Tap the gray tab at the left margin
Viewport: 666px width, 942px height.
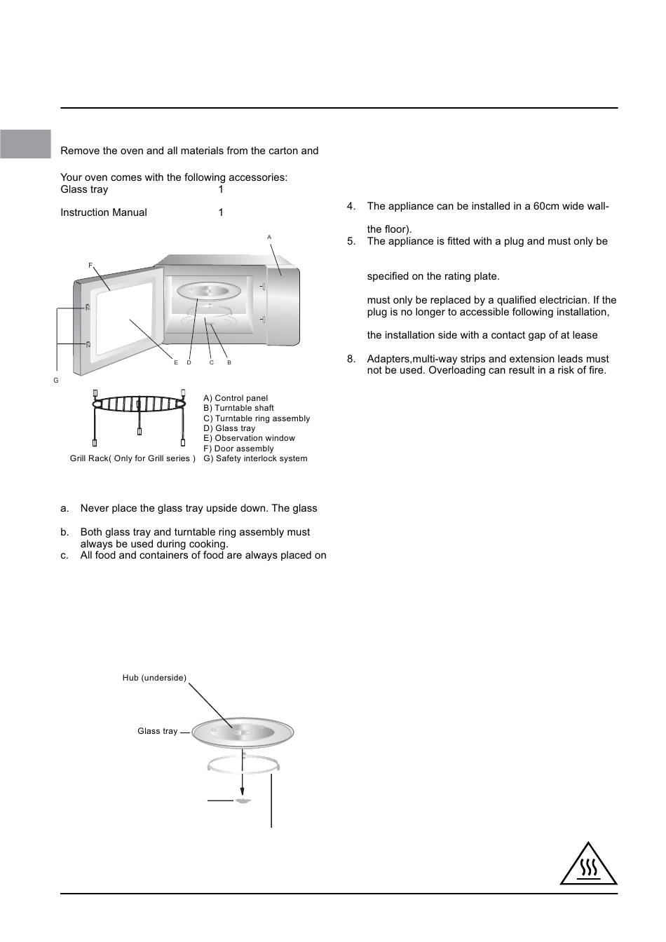(x=25, y=144)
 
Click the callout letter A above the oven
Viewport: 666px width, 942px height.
(x=269, y=238)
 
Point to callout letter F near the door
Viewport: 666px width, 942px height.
(x=90, y=265)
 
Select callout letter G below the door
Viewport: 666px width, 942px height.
(x=56, y=380)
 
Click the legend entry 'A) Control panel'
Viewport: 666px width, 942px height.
(x=236, y=398)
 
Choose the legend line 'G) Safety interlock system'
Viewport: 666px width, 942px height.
(x=255, y=458)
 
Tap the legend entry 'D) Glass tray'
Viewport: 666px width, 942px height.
(x=229, y=428)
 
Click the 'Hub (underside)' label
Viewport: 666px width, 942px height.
(x=154, y=678)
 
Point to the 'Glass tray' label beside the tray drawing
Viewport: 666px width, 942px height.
(x=158, y=731)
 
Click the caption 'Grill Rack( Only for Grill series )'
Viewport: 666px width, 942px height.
(x=132, y=458)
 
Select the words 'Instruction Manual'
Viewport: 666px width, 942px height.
(x=104, y=212)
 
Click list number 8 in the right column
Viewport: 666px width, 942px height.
(x=351, y=359)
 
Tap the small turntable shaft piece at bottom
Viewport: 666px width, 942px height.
(x=243, y=800)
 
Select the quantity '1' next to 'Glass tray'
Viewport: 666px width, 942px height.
(x=221, y=189)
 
